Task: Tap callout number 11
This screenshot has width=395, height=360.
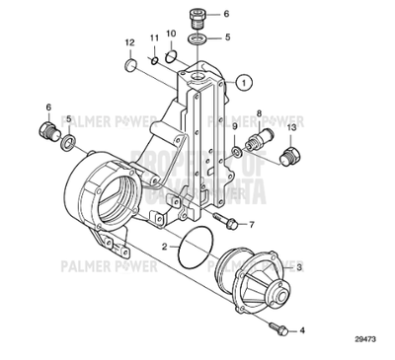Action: (x=154, y=37)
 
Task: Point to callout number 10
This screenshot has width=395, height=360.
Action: (x=171, y=35)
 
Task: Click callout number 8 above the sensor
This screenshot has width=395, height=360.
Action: (x=260, y=114)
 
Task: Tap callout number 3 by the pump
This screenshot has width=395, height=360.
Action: (x=299, y=267)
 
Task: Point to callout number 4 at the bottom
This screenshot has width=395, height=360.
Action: (x=302, y=331)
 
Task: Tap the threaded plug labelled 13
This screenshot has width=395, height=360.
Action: (x=291, y=156)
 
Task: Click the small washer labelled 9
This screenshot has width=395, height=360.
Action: (x=238, y=150)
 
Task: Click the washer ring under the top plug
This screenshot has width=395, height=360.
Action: (x=197, y=39)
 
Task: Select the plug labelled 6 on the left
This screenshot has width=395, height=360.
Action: (x=44, y=132)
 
